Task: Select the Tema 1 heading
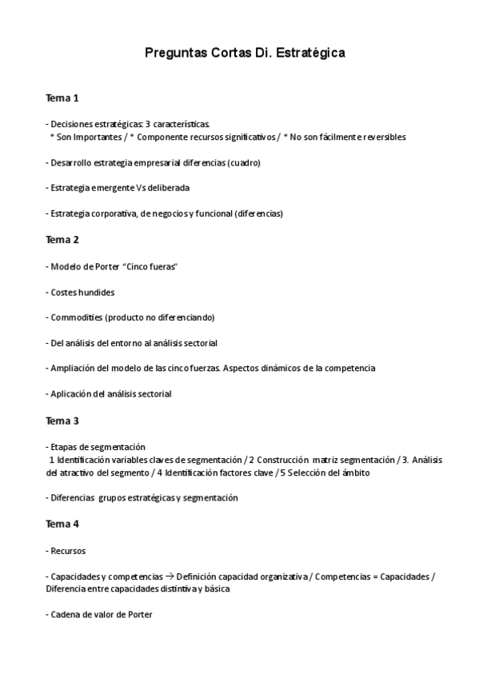[62, 98]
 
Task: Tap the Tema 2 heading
[62, 239]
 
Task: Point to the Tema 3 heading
[62, 421]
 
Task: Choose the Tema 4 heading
[62, 524]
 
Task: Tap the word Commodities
[77, 317]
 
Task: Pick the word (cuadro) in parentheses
[244, 162]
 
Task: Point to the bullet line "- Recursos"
[66, 550]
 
